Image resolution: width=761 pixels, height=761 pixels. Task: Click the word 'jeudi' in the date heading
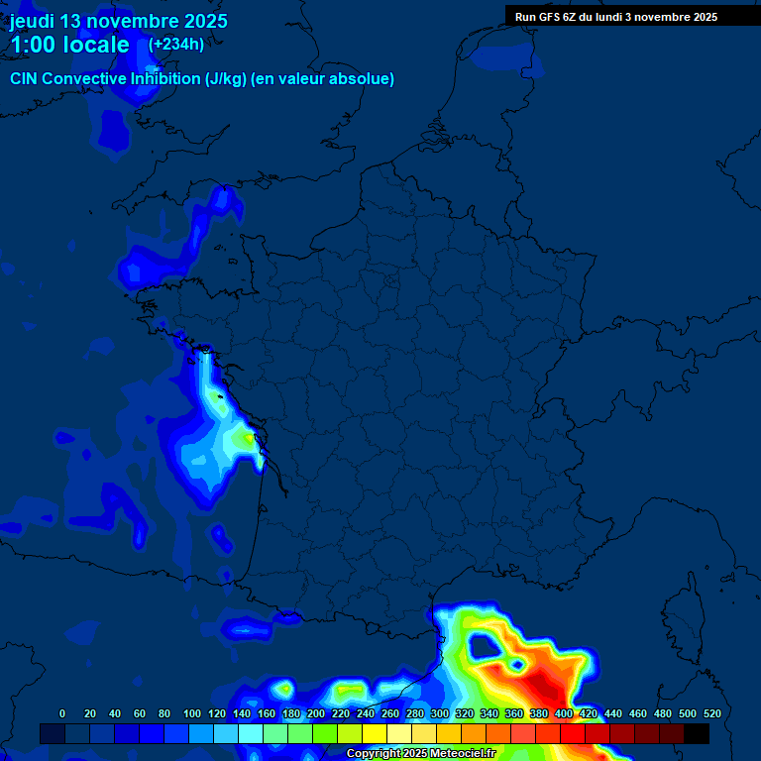tap(32, 21)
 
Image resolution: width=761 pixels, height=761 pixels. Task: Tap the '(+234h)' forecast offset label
tap(176, 44)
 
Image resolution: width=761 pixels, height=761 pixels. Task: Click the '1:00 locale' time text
tap(69, 45)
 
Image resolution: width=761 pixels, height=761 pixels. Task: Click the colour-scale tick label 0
tap(62, 713)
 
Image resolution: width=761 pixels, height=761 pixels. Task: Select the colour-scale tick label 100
tap(192, 713)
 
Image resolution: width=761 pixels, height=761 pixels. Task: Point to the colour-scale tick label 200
tap(316, 713)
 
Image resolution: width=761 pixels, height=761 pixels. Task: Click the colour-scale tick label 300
tap(440, 713)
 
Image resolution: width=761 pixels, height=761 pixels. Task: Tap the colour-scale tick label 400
tap(564, 713)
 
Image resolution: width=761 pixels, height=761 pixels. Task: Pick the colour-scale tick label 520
tap(711, 713)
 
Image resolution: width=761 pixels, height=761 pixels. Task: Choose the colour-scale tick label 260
tap(390, 713)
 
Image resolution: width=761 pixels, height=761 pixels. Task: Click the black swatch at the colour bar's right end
tap(697, 733)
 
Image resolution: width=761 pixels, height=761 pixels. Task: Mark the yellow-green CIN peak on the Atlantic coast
tap(242, 436)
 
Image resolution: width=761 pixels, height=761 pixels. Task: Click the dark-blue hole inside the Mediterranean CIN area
tap(485, 647)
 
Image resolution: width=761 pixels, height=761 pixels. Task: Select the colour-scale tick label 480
tap(663, 713)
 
